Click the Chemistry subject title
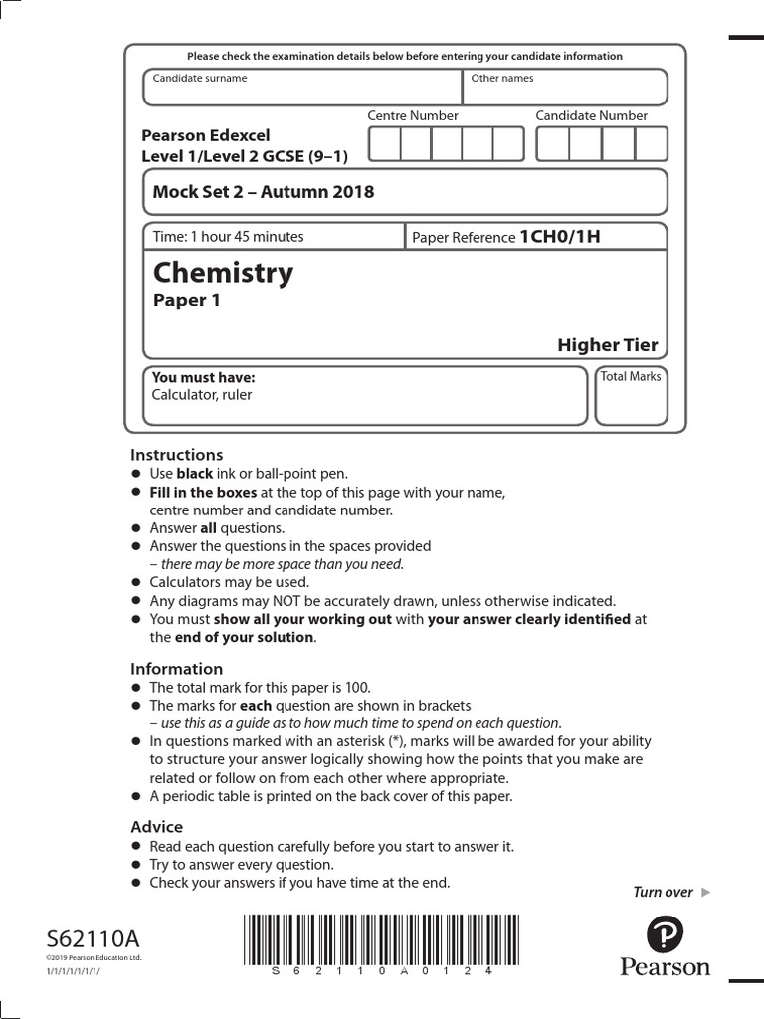[x=223, y=273]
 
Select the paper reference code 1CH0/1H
[x=560, y=237]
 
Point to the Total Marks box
[x=631, y=395]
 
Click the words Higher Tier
[x=607, y=345]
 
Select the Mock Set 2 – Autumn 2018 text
[x=264, y=192]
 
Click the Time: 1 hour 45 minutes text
[x=228, y=237]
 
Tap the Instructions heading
[x=177, y=455]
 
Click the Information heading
[x=177, y=669]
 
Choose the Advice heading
[x=157, y=827]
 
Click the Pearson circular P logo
[x=665, y=934]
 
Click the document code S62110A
[x=93, y=938]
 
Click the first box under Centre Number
[x=385, y=143]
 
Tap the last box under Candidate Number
[x=651, y=143]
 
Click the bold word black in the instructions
[x=195, y=474]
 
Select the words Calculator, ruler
[x=202, y=395]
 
